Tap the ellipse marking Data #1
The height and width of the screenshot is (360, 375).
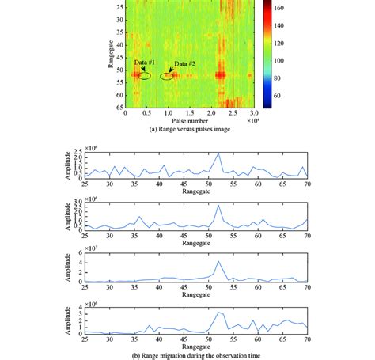click(142, 77)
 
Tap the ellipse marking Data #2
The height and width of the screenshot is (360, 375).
click(168, 77)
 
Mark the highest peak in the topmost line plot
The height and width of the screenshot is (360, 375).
click(218, 153)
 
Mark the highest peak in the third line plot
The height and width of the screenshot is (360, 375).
click(218, 261)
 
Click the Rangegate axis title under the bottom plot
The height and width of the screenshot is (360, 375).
click(195, 341)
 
